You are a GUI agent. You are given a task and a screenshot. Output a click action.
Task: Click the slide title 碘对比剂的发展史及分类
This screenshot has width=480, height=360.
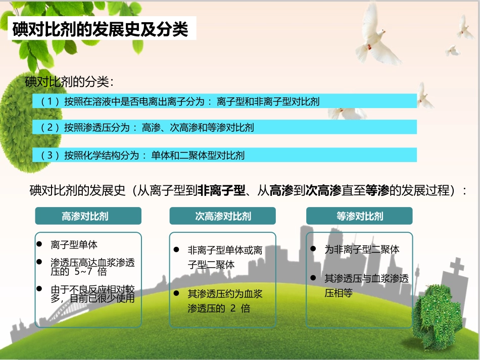click(x=100, y=30)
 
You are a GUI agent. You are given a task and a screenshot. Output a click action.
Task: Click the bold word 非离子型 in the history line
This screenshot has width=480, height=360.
click(x=221, y=191)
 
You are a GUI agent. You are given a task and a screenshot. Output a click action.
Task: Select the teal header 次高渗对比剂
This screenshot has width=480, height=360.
click(x=223, y=216)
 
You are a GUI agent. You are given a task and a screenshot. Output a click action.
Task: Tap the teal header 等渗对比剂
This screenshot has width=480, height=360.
click(x=359, y=216)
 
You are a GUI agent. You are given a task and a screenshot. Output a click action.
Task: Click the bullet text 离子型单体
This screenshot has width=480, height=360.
click(x=74, y=245)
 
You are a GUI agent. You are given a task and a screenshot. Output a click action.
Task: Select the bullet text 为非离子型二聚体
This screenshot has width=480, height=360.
click(x=362, y=249)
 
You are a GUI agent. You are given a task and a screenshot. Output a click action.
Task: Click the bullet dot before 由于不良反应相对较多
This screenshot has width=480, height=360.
click(x=40, y=289)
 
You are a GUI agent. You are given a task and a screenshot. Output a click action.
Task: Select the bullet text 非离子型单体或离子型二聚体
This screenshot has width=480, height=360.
click(x=225, y=257)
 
